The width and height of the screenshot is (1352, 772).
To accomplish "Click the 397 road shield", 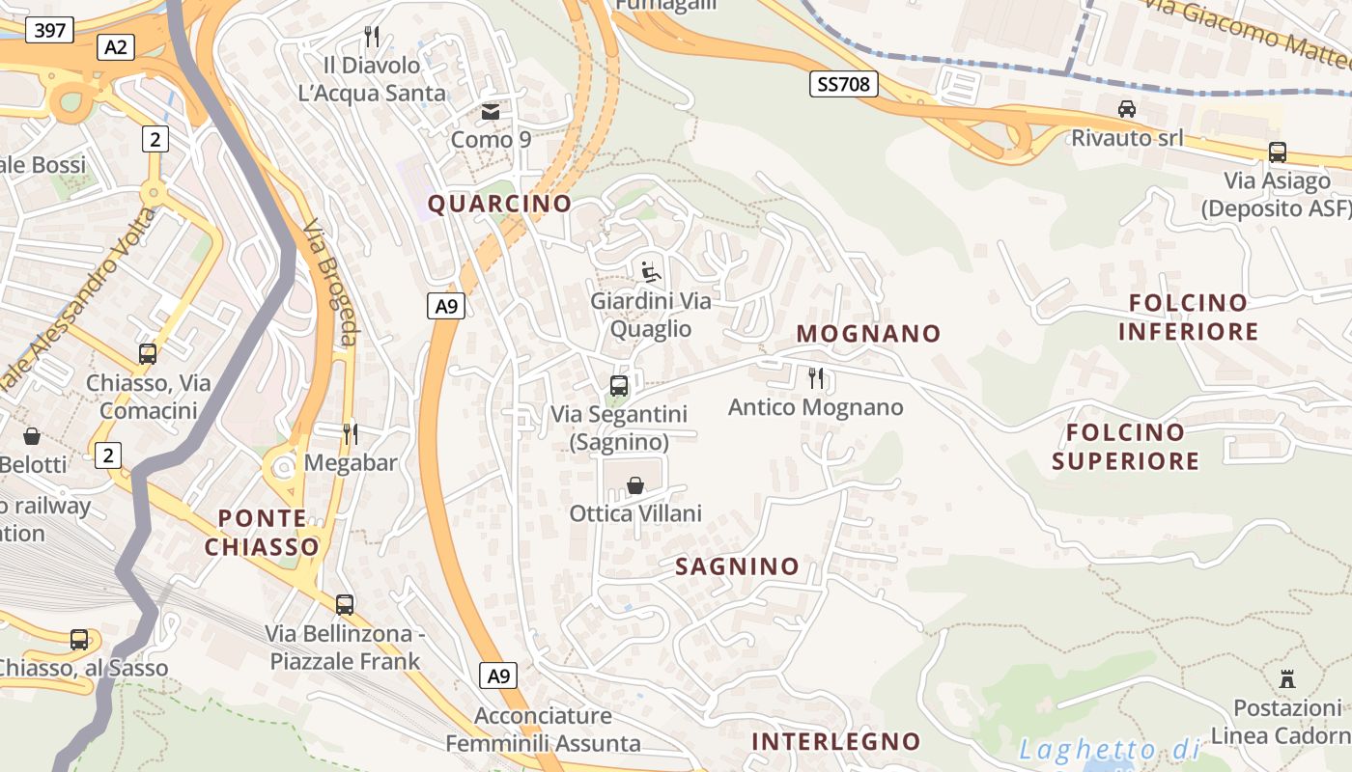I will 49,31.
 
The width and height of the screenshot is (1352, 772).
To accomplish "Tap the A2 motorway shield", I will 116,47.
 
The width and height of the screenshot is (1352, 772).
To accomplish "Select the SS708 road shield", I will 843,85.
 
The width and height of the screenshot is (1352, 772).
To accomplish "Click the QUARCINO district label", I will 499,204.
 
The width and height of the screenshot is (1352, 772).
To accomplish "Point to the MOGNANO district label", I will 868,334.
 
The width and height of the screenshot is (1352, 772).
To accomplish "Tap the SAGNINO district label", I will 737,566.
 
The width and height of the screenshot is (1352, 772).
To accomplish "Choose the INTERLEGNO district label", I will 835,741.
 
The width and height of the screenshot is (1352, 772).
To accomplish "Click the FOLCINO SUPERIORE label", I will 1125,447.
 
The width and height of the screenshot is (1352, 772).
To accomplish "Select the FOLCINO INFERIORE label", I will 1188,317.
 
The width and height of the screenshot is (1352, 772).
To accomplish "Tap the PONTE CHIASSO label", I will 261,533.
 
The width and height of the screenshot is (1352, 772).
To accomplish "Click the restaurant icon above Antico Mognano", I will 816,377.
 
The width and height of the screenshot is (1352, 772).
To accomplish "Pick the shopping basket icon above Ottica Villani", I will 635,484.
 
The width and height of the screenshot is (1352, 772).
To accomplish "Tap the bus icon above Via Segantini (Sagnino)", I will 619,386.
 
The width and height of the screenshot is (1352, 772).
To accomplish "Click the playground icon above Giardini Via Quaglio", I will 651,272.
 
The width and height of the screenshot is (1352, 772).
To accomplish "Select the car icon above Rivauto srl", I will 1126,109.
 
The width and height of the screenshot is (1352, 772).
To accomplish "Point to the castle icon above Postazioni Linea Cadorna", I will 1286,678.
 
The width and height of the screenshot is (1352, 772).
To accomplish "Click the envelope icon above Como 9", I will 491,112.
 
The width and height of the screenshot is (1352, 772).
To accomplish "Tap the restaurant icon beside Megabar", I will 351,433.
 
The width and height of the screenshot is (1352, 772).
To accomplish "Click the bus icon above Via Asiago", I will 1277,152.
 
